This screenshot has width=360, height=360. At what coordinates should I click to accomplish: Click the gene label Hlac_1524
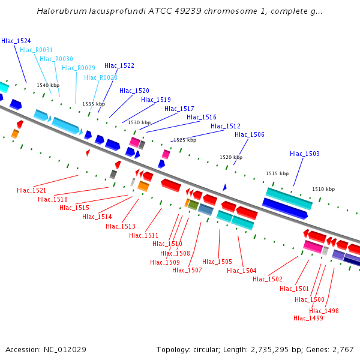[16, 41]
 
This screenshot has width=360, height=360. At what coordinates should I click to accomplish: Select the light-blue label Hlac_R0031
[36, 50]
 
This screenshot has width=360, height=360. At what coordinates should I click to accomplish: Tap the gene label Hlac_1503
[305, 154]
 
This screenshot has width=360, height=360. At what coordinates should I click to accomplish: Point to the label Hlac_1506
[250, 135]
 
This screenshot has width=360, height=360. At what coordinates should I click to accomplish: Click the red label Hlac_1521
[32, 190]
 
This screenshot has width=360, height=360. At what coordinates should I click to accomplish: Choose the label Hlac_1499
[308, 318]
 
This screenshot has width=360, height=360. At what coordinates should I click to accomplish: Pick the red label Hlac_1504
[242, 271]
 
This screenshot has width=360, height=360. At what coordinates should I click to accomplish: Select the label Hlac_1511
[144, 235]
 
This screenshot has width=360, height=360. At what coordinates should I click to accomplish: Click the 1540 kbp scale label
[48, 85]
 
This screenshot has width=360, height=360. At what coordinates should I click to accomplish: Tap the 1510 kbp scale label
[323, 189]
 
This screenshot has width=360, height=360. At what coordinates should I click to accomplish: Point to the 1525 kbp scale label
[185, 140]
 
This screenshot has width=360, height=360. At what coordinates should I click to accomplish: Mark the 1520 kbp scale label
[231, 157]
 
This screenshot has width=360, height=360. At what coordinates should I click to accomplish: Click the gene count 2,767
[343, 350]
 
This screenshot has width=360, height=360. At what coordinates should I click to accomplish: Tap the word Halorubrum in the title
[59, 11]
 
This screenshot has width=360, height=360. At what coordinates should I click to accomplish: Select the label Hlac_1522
[119, 66]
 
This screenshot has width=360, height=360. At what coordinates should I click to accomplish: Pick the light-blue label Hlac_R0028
[101, 77]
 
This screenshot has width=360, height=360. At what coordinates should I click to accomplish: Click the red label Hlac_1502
[268, 279]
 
